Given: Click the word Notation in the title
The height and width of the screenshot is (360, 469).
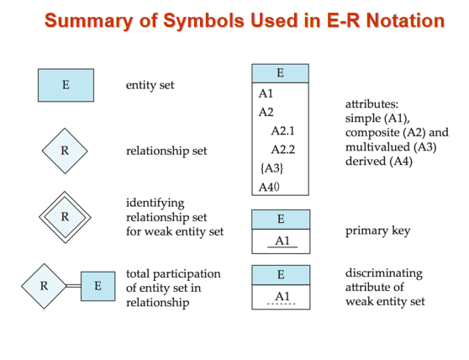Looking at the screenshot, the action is (405, 20).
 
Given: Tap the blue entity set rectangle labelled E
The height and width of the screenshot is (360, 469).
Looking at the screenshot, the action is (66, 85).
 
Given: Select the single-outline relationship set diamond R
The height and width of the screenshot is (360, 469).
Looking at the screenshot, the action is (65, 151).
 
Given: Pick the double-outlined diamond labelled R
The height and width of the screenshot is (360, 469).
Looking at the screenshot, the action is (66, 217).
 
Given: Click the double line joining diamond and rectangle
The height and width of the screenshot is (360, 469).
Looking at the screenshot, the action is (73, 286).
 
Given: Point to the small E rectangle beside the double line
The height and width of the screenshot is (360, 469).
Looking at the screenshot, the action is (98, 286).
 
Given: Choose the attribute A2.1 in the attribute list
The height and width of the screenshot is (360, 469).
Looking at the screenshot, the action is (283, 130).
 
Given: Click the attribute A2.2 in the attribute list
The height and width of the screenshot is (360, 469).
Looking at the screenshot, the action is (283, 150).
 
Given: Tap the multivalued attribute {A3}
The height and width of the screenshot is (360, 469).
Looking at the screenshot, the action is (271, 168).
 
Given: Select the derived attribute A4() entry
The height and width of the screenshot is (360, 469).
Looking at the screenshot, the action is (269, 187).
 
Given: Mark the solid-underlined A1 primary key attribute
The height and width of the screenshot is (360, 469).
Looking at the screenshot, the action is (282, 241).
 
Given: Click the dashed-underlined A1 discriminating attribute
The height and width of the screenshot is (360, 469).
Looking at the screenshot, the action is (282, 297).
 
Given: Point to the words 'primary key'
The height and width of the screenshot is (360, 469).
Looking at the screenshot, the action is (377, 231).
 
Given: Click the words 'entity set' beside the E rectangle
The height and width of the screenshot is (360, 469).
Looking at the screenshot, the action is (150, 85).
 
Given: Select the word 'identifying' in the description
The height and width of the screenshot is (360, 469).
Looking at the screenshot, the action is (155, 204).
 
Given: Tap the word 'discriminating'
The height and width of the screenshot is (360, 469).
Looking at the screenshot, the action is (384, 273).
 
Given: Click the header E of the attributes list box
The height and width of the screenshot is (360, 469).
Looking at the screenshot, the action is (280, 73).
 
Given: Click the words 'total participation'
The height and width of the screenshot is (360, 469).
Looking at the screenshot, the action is (173, 274).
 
